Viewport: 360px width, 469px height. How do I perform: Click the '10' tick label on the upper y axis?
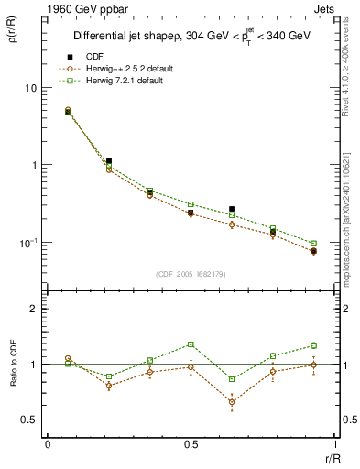[x=30, y=88]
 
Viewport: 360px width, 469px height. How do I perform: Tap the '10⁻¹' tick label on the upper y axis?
[x=27, y=242]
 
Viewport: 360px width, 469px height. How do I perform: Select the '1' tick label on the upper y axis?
[x=34, y=166]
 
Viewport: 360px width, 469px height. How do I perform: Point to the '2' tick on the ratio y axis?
[x=34, y=310]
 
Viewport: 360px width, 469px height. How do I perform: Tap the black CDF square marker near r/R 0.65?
[x=232, y=209]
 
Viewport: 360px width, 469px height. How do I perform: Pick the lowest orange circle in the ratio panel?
[x=232, y=402]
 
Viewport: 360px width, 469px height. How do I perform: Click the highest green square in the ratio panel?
[x=191, y=344]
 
